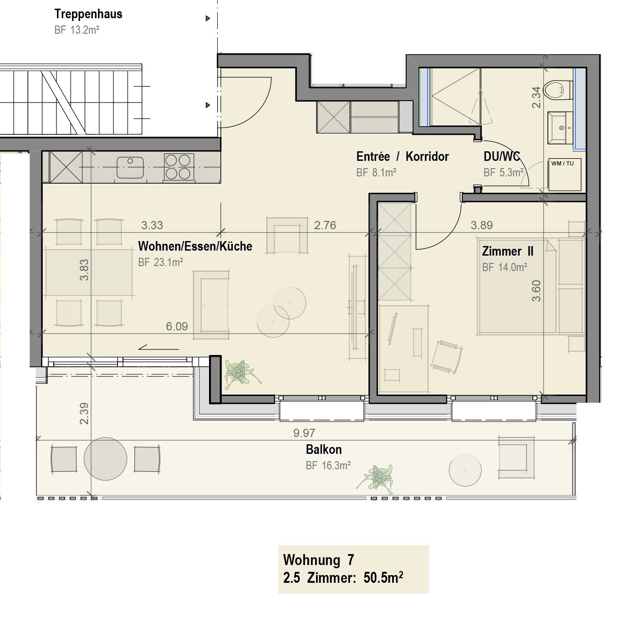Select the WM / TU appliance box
pos(564,175)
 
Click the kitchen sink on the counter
pos(130,167)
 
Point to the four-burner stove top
pos(178,167)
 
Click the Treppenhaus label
pos(88,14)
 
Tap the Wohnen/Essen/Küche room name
pos(195,247)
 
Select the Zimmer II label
pos(507,252)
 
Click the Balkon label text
pos(324,450)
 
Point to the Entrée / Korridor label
pos(403,157)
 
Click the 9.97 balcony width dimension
pos(304,433)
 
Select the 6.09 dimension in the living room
pos(177,326)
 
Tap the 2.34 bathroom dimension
pos(536,97)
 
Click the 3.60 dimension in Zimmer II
pos(536,291)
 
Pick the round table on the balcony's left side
pos(105,459)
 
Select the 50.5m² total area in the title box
pos(383,578)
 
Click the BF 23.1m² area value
pos(160,262)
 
